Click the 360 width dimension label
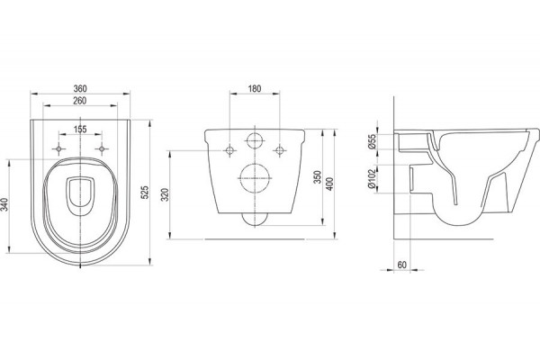point(80,88)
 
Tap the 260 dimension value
point(80,101)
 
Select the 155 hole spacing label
point(80,130)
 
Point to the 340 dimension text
point(4,204)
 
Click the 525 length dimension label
point(145,193)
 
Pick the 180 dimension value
point(255,88)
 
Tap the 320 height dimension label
point(165,194)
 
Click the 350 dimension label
point(318,176)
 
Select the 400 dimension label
point(329,184)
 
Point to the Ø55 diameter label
point(372,141)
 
